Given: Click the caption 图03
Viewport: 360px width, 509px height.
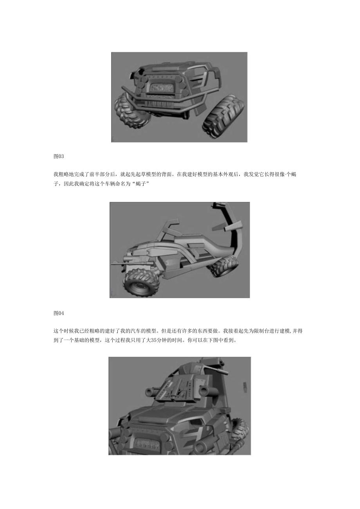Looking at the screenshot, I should pyautogui.click(x=58, y=156).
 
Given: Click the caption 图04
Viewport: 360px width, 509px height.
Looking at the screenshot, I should pyautogui.click(x=58, y=313).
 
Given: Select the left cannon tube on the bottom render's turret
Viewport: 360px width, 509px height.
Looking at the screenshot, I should pyautogui.click(x=151, y=391).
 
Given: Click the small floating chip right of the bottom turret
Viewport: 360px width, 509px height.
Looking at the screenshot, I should pyautogui.click(x=245, y=387).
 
